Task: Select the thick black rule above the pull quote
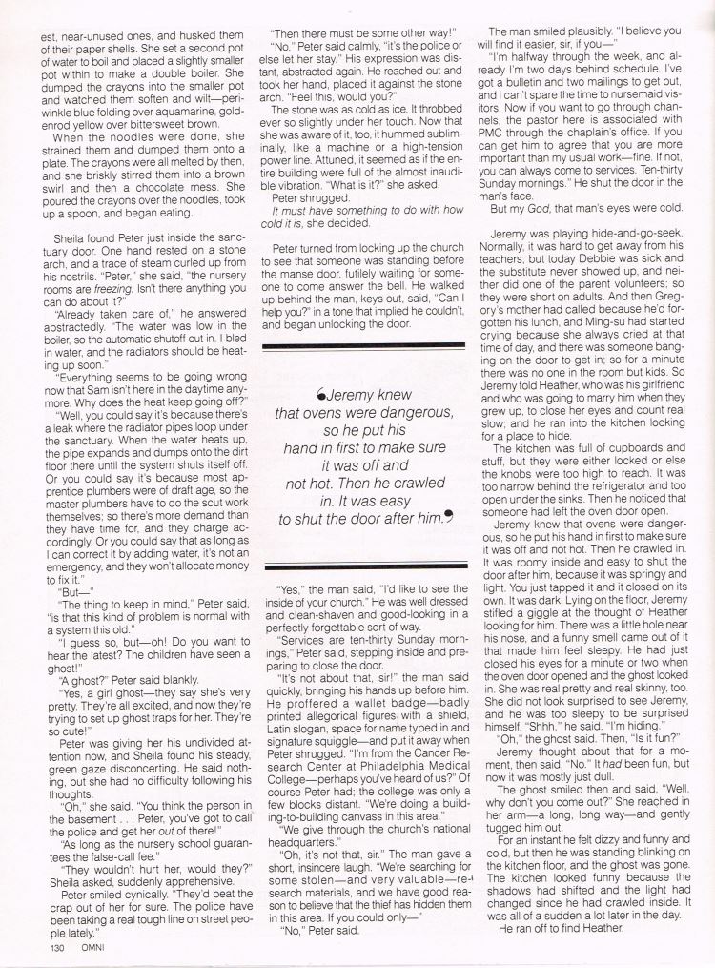click(x=362, y=346)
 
